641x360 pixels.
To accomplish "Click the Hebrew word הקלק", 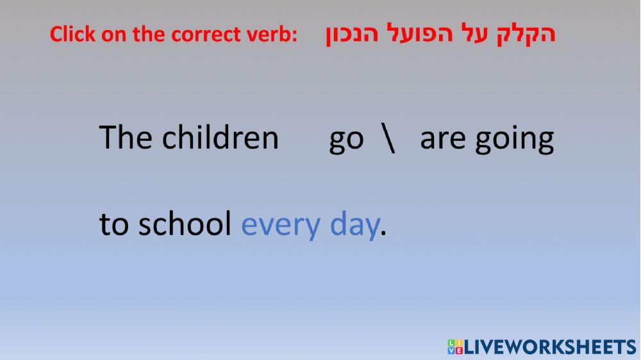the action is [526, 33].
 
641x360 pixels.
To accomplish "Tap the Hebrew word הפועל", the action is [412, 33].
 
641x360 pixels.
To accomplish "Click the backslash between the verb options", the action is [388, 138].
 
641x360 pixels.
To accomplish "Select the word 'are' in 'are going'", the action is [443, 140].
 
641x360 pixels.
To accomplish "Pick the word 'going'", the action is [514, 140].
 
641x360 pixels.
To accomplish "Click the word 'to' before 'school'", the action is [114, 225].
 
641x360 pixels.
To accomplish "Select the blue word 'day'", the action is [354, 226].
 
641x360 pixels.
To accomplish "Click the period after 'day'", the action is [383, 233].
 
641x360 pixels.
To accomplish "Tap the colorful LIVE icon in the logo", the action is [455, 347].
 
